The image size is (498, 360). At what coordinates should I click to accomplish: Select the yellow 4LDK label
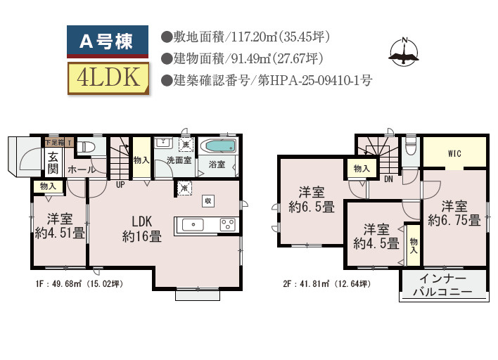click(x=108, y=78)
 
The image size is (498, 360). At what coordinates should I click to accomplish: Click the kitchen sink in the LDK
click(x=193, y=224)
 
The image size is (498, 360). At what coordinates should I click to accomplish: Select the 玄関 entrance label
click(x=53, y=163)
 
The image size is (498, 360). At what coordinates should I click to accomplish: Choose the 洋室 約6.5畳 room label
click(x=311, y=199)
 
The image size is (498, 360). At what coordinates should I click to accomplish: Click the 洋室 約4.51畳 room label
click(x=60, y=225)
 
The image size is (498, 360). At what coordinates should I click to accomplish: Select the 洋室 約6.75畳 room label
click(x=454, y=213)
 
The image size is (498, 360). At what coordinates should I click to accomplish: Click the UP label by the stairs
click(x=120, y=184)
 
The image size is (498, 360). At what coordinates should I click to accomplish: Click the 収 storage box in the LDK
click(x=208, y=200)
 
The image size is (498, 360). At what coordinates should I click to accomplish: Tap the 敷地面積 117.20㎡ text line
click(x=245, y=37)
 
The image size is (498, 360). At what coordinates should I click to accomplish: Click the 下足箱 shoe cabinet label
click(x=55, y=142)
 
